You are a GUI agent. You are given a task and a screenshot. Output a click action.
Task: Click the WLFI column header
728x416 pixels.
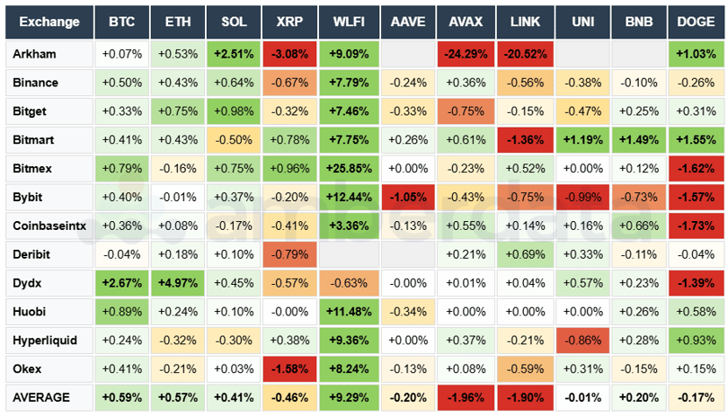(348, 22)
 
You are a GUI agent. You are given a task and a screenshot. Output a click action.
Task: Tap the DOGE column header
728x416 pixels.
(696, 22)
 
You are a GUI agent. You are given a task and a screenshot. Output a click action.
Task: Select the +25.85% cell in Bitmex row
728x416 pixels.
(348, 168)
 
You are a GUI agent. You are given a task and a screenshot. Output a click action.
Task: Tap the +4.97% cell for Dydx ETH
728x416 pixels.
(176, 283)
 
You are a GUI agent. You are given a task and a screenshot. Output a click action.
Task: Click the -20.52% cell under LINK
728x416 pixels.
(524, 54)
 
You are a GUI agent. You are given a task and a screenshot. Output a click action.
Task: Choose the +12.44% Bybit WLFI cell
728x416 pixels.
(348, 197)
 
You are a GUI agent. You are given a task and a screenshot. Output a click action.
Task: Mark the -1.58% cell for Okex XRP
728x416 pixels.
(290, 369)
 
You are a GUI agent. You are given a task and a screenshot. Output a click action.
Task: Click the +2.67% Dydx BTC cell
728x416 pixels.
(120, 283)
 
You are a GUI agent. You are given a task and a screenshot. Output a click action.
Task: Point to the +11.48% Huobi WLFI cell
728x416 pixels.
(348, 312)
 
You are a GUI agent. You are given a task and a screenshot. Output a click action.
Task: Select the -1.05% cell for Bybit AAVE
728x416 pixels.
(406, 197)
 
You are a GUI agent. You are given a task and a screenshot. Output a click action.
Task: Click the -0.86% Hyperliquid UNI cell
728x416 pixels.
(582, 341)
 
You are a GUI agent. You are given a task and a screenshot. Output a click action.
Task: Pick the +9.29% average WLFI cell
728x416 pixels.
(348, 397)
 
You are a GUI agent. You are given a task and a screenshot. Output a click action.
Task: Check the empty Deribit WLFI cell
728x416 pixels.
(348, 254)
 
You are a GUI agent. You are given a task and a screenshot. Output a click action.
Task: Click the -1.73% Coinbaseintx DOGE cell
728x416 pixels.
(696, 226)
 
